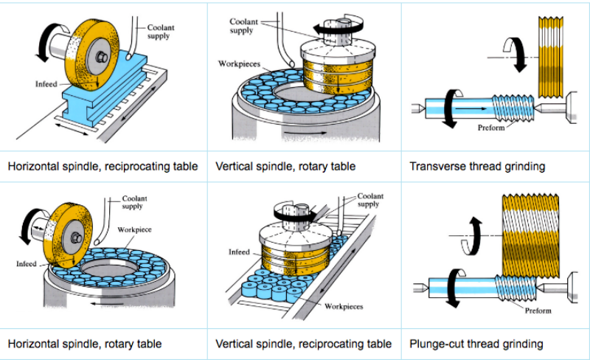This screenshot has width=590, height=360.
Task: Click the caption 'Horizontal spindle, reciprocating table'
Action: point(103,166)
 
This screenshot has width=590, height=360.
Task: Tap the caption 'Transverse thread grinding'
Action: point(477,166)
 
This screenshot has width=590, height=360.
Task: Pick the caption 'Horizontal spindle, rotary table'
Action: point(85,343)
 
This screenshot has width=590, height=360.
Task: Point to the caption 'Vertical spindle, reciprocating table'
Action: point(304,343)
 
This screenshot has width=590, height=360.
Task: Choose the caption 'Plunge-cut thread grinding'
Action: point(476,343)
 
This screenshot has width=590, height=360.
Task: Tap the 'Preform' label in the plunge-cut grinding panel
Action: point(538,311)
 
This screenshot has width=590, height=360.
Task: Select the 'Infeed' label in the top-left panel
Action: point(46,84)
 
